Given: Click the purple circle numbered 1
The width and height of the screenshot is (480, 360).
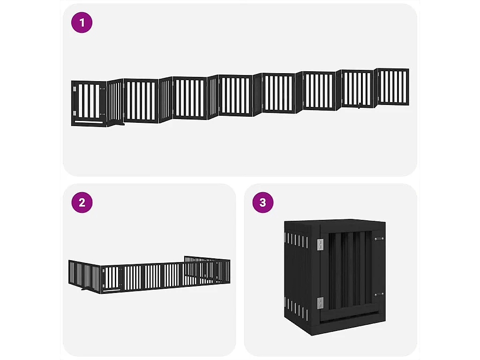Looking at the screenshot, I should pyautogui.click(x=82, y=22).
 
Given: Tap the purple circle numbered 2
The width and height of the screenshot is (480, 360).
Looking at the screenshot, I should pyautogui.click(x=82, y=202).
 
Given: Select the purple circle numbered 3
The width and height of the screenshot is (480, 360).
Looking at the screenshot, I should pyautogui.click(x=263, y=202).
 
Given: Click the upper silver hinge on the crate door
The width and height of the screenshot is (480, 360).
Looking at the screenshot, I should pyautogui.click(x=321, y=244).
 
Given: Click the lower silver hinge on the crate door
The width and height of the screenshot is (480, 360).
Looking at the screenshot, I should pyautogui.click(x=321, y=303).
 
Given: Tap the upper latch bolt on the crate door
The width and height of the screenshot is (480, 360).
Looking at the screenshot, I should pyautogui.click(x=378, y=239).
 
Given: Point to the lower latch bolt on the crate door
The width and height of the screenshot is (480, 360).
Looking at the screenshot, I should pyautogui.click(x=378, y=294).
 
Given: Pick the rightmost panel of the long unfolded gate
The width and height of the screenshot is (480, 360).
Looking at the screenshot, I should pyautogui.click(x=393, y=86).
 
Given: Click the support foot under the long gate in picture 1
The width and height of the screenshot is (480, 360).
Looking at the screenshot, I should pyautogui.click(x=120, y=125).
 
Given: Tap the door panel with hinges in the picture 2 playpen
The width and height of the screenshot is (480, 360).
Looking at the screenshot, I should pyautogui.click(x=111, y=278).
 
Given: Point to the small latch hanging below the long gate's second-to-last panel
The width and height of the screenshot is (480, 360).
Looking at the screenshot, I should pyautogui.click(x=359, y=106).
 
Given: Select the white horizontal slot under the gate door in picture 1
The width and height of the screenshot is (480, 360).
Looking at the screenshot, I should pyautogui.click(x=89, y=122).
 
